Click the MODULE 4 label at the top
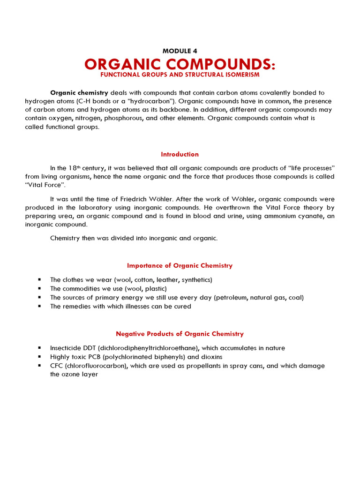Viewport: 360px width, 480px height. (180, 51)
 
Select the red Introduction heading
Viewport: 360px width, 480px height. (180, 154)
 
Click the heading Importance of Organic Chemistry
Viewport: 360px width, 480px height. (180, 265)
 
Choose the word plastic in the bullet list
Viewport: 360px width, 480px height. (154, 289)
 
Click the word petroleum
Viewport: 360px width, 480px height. (233, 298)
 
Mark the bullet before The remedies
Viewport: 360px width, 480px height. (39, 307)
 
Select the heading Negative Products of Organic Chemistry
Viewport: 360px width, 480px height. (180, 334)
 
